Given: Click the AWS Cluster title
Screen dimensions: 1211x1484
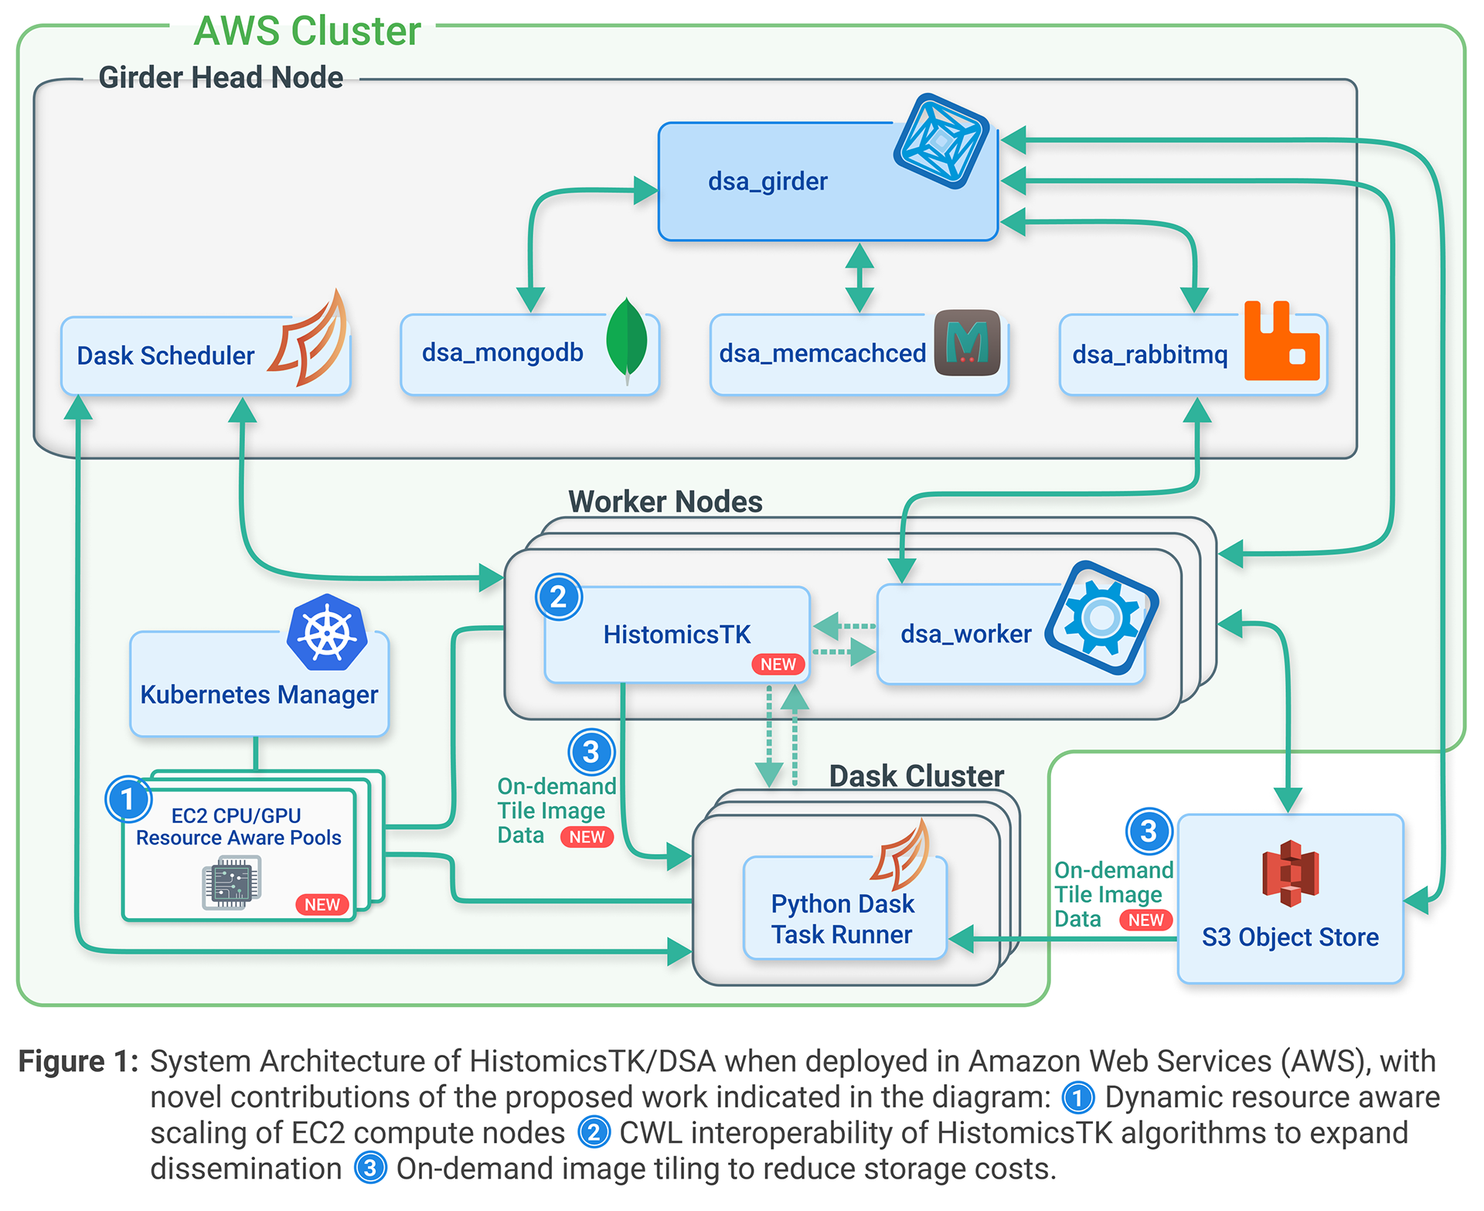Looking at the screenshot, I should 307,32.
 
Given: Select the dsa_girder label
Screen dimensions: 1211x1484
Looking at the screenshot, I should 768,182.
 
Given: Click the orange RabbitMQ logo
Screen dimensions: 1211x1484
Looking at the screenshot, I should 1281,342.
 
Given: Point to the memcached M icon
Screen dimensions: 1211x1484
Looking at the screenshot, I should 967,342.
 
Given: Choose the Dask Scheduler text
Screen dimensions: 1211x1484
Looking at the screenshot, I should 165,356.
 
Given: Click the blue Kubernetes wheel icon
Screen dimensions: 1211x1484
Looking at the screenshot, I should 327,632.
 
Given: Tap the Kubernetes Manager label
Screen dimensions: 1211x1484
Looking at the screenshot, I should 259,695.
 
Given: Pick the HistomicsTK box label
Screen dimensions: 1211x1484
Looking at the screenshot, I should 676,634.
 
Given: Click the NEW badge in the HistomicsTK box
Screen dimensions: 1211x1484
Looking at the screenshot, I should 778,665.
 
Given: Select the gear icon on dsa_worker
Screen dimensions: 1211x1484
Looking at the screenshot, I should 1101,617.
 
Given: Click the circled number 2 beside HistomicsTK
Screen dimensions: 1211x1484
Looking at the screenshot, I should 558,597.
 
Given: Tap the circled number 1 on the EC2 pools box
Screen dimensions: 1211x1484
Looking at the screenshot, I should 128,799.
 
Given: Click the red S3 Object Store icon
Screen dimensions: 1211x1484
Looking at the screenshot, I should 1290,873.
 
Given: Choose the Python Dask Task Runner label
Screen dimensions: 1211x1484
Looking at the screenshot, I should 842,919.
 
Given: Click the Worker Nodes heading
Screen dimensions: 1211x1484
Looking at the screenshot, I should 665,502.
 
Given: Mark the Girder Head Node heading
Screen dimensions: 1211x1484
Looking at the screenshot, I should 221,78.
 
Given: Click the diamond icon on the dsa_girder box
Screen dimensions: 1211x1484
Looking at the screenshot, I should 941,141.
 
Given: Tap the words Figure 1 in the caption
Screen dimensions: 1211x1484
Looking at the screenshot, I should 77,1062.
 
